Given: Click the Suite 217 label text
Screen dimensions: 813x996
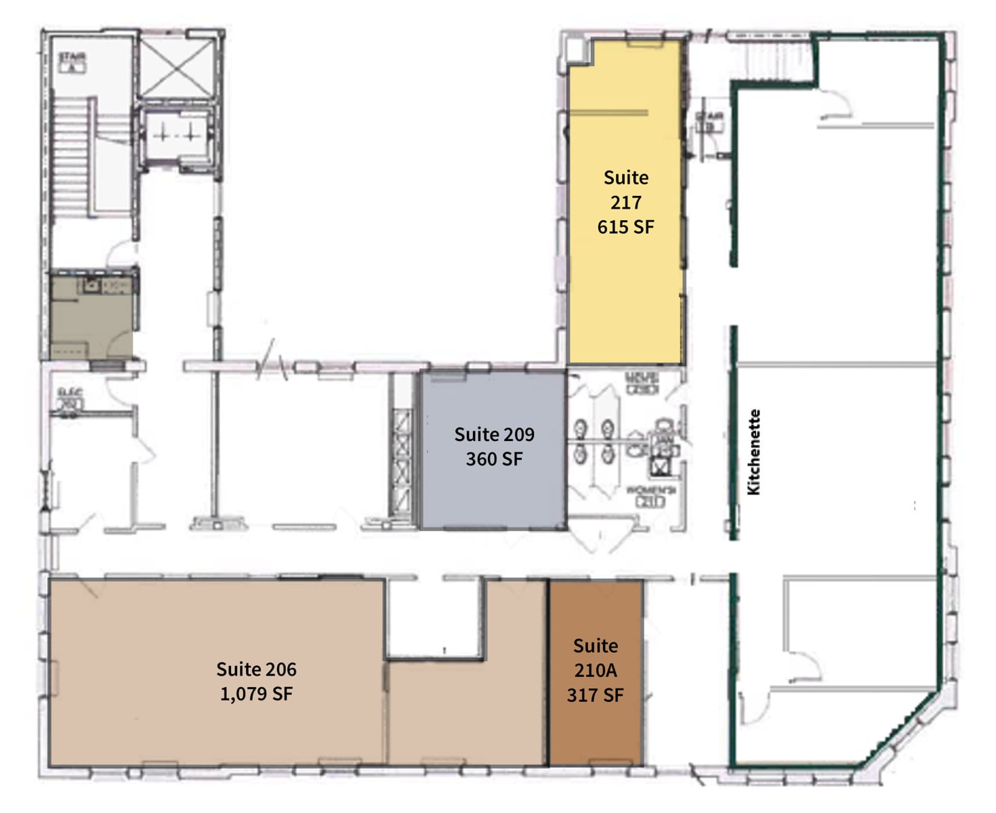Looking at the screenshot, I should point(625,190).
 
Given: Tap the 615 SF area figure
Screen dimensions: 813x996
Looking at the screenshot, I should point(625,227).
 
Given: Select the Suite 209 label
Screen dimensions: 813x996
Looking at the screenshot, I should point(494,434).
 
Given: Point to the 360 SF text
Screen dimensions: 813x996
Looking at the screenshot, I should point(494,459).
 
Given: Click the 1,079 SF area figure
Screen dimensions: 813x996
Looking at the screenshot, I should point(256,694).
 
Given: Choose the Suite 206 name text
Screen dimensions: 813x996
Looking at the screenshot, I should point(256,669).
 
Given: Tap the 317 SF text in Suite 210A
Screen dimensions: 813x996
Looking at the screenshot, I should point(595,695).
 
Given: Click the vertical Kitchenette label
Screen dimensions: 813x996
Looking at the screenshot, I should point(753,452).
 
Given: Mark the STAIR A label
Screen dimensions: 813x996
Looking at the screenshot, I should point(71,62).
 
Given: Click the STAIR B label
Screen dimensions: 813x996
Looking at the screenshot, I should point(709,122).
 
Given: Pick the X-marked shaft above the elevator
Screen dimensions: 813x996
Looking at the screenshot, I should point(177,66).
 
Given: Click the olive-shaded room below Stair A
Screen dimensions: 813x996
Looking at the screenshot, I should point(91,318).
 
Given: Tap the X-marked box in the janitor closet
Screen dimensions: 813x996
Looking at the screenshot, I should point(659,465).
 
